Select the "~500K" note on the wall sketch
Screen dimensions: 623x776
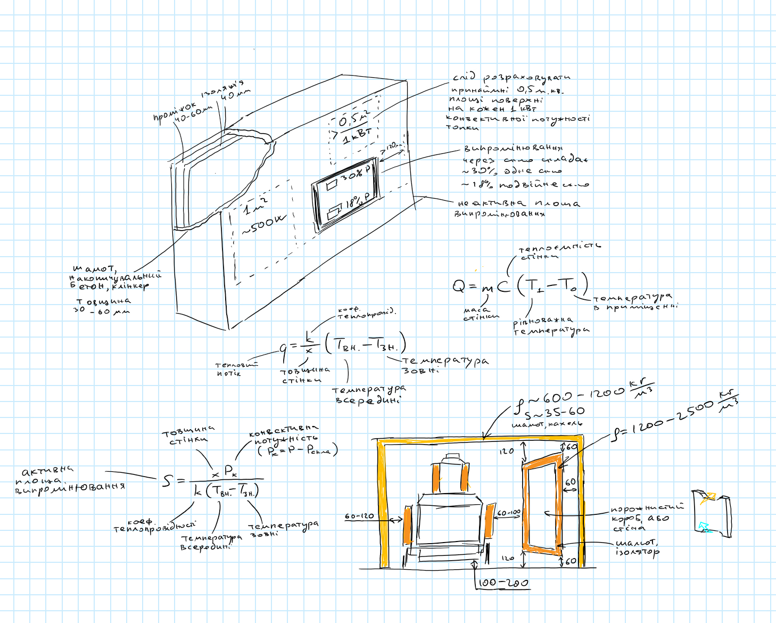pos(264,224)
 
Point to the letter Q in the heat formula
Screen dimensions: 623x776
pos(459,286)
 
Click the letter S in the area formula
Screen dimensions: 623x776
pos(168,481)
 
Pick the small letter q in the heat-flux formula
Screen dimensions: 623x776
pos(284,349)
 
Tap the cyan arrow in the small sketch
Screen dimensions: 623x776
pos(705,527)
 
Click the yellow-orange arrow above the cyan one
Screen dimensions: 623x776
pos(708,499)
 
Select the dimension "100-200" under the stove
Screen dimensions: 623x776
pos(503,583)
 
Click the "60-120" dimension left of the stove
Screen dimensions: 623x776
pos(359,516)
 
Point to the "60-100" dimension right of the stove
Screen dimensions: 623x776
pos(509,513)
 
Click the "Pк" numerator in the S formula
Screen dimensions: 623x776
pos(230,470)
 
